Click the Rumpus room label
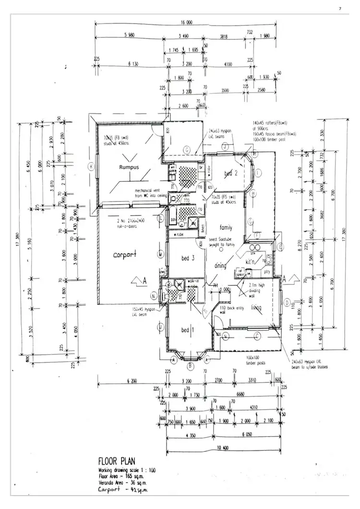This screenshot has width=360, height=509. click(129, 167)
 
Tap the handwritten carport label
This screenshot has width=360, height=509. click(124, 254)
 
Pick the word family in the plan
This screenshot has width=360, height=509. click(226, 227)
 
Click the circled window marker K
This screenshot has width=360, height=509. click(90, 166)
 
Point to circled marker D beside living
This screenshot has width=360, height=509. click(286, 302)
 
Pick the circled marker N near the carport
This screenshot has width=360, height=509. click(153, 295)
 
